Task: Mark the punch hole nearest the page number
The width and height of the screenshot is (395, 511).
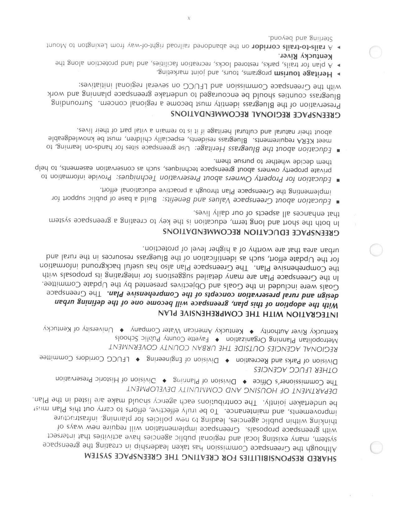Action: [375, 52]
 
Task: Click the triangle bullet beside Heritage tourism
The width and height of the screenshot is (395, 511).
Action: [338, 74]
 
